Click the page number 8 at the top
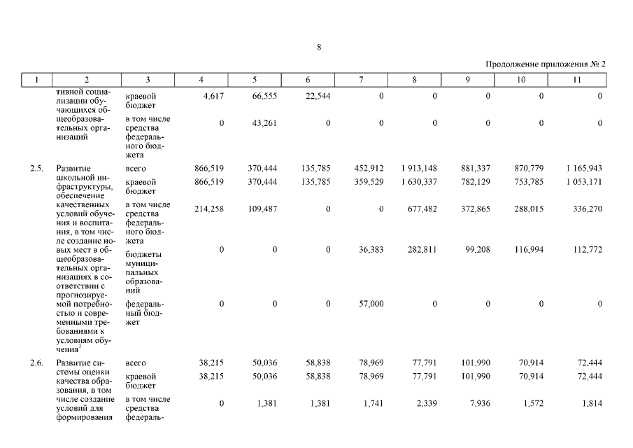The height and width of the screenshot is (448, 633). pos(318,48)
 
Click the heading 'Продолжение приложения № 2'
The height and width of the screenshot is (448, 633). pos(546,64)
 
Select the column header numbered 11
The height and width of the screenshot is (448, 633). pos(577,80)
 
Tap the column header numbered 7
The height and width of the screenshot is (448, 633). pos(361,80)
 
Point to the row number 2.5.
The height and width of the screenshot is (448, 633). pos(36,169)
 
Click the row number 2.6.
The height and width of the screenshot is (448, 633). pos(36,363)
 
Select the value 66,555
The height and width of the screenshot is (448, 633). pos(264,96)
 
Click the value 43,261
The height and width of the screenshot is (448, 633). pos(264,123)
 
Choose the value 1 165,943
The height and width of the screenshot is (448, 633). pos(581,169)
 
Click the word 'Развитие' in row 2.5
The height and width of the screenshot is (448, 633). pos(73,169)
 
